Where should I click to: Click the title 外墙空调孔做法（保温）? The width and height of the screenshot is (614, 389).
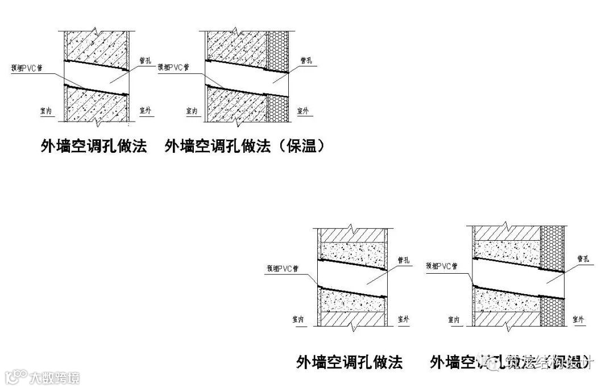click(246, 147)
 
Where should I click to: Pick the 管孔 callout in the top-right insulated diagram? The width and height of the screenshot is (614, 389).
click(306, 60)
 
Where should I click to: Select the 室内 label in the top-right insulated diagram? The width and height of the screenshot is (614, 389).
click(193, 111)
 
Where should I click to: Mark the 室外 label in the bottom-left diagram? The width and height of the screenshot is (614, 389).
click(403, 320)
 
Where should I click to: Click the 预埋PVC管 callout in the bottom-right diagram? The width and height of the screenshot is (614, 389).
click(441, 265)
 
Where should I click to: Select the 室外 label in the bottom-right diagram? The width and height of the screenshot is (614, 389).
click(579, 320)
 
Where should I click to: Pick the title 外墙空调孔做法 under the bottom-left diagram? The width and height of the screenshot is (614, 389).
click(349, 362)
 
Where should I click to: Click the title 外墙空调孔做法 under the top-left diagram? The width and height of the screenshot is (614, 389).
click(94, 147)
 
